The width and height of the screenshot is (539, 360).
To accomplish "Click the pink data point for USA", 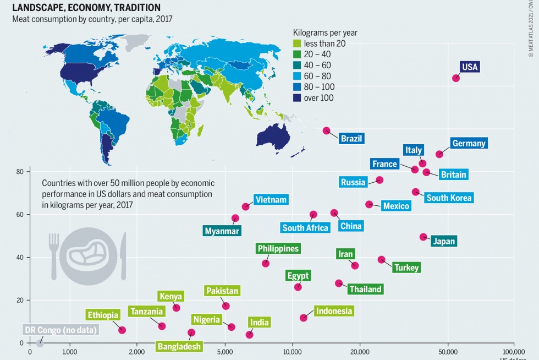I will pos(455,78).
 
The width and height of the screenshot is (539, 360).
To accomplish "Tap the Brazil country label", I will pos(351,138).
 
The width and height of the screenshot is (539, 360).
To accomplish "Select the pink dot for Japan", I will pos(423,237).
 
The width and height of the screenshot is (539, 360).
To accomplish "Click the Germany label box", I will pos(469,144).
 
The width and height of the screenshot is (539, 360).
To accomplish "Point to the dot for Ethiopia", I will pos(122,330).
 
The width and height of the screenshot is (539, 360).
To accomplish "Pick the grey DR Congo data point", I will pos(40,343).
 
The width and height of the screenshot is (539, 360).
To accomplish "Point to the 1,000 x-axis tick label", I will pos(69,351).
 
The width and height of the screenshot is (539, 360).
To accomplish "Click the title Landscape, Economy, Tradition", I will pos(86,8).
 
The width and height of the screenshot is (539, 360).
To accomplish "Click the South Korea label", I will pos(449,198).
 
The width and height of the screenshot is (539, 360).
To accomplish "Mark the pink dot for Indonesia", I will pos(303,318).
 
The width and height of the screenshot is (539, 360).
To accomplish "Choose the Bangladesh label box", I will pos(179,346).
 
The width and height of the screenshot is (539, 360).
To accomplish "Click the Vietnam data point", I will pos(245,207).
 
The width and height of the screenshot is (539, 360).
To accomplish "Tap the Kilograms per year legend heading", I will pos(325,32).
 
